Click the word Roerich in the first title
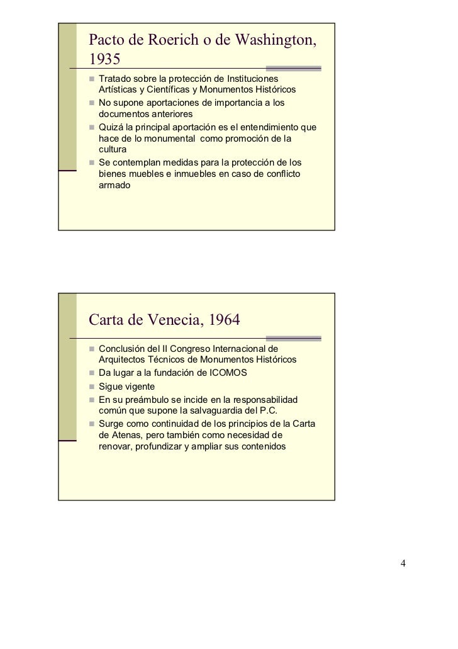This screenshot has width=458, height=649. (171, 41)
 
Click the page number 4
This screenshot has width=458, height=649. (403, 562)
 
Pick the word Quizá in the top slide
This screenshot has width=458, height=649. (110, 128)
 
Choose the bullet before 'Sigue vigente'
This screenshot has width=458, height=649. (92, 387)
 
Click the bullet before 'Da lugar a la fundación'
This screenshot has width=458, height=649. (92, 373)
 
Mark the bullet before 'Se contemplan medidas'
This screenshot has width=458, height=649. (92, 163)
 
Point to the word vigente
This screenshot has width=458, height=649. (138, 386)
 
